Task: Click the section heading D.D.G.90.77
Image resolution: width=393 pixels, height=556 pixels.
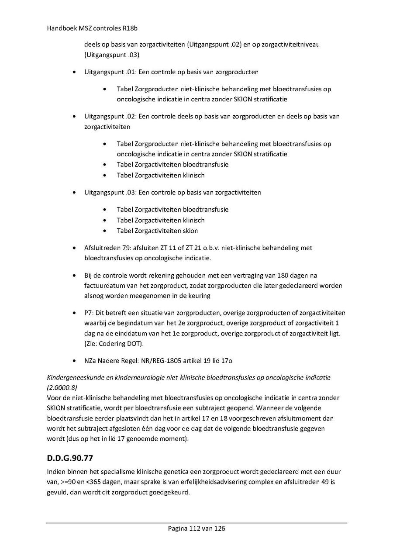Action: pyautogui.click(x=69, y=459)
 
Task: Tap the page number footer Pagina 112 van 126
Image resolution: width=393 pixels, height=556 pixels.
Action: pyautogui.click(x=196, y=528)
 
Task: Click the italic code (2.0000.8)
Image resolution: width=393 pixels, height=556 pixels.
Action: pyautogui.click(x=61, y=387)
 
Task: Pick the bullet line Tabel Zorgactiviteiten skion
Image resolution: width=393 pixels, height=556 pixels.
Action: pyautogui.click(x=157, y=231)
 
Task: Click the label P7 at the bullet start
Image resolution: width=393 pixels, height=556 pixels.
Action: pyautogui.click(x=88, y=313)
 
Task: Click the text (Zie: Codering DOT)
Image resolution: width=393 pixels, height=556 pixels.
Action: pyautogui.click(x=114, y=344)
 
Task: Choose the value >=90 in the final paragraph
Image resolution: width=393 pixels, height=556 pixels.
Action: pyautogui.click(x=69, y=482)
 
